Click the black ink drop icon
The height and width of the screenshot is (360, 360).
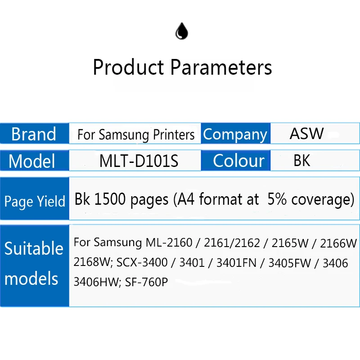[182, 31]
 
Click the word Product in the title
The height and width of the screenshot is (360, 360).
[128, 67]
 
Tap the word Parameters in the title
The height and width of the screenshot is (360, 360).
[221, 67]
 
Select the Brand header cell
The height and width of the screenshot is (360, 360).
[35, 134]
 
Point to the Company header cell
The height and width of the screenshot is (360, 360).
[235, 134]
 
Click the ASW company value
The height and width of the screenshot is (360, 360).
[306, 133]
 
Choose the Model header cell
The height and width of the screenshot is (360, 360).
[35, 161]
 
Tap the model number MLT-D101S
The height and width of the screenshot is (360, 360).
[139, 161]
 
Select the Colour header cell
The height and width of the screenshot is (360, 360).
[235, 161]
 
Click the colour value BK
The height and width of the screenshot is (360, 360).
[301, 160]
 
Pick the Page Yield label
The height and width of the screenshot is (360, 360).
[35, 202]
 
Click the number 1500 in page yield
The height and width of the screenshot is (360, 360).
[110, 199]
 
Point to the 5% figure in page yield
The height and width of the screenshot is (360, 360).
[277, 199]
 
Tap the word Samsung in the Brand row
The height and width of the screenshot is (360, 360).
[124, 135]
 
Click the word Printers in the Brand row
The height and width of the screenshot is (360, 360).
[174, 134]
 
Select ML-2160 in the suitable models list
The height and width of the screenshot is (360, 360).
[169, 243]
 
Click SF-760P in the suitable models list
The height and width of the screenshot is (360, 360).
[146, 282]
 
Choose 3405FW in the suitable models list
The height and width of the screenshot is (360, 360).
[289, 263]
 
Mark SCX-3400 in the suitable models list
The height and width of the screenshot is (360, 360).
[142, 262]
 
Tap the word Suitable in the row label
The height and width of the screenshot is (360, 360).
[34, 248]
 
